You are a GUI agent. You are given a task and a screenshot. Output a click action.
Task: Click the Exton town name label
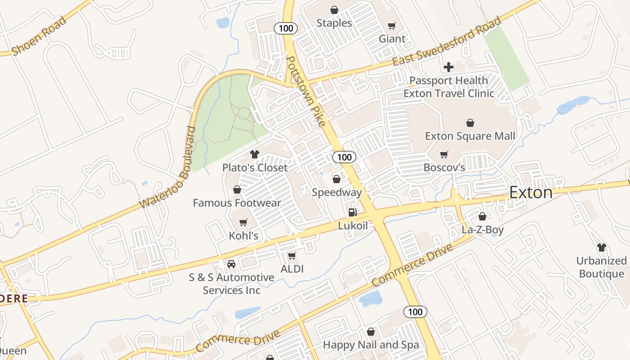[x=531, y=193]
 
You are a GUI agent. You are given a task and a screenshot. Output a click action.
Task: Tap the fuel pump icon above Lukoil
[x=353, y=212]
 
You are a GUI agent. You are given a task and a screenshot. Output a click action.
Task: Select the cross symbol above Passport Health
[x=449, y=67]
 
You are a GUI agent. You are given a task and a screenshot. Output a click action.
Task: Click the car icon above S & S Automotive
[x=231, y=264]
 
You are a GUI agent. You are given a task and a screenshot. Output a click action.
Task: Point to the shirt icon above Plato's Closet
[x=255, y=154]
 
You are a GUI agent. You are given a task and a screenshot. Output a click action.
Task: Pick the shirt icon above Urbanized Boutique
[x=601, y=247]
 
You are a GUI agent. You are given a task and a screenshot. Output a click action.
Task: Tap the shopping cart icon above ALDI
[x=292, y=256]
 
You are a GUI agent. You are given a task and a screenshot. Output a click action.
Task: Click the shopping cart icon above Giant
[x=391, y=26]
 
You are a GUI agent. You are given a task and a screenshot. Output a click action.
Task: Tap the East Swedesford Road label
[x=446, y=41]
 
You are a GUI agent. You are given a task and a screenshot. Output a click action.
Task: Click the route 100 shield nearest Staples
[x=285, y=28]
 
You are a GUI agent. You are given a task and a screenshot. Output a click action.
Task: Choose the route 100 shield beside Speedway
[x=344, y=157]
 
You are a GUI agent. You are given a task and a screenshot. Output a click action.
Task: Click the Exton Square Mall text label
[x=470, y=136]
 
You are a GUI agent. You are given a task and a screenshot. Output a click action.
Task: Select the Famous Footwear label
[x=237, y=203]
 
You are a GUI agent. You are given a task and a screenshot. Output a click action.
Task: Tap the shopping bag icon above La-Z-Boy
[x=482, y=216]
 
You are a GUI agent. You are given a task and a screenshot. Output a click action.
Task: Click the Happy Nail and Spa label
[x=371, y=345]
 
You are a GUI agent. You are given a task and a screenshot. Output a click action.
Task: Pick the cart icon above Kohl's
[x=243, y=222]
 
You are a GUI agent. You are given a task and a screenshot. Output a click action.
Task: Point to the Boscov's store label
[x=444, y=167]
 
